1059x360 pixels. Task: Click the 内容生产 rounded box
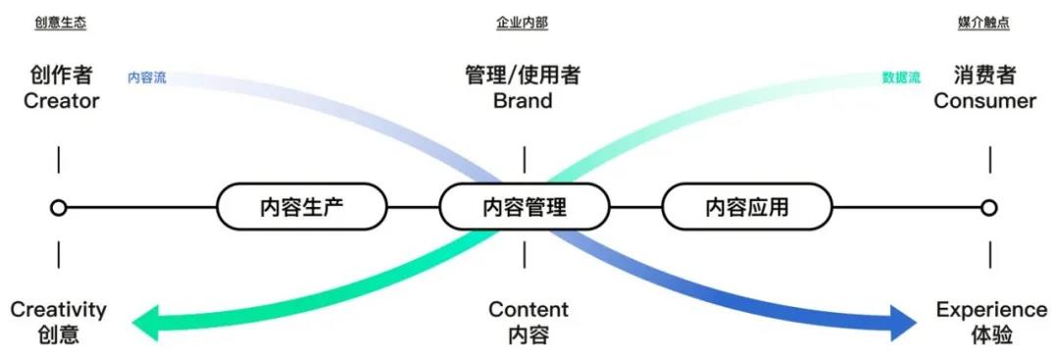click(x=301, y=207)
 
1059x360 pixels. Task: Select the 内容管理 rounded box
click(x=524, y=207)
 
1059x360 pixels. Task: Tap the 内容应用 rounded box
click(x=746, y=207)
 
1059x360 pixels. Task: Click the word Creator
click(x=62, y=101)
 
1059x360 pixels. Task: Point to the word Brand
click(x=523, y=101)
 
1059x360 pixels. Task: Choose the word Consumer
click(x=984, y=101)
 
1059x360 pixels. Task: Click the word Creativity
click(x=59, y=310)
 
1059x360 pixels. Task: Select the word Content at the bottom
click(x=529, y=310)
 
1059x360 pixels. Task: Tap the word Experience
click(x=990, y=310)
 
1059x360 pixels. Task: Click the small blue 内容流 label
click(x=147, y=77)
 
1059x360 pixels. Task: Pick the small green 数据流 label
click(x=901, y=77)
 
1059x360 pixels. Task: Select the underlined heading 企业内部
click(x=523, y=23)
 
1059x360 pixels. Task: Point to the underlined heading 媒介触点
click(x=983, y=23)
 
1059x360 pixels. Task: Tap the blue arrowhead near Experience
click(x=902, y=322)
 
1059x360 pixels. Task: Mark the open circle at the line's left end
click(x=59, y=208)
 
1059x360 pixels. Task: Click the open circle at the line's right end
click(x=989, y=208)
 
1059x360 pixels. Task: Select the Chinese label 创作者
click(x=61, y=76)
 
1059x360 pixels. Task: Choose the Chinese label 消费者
click(x=984, y=76)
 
